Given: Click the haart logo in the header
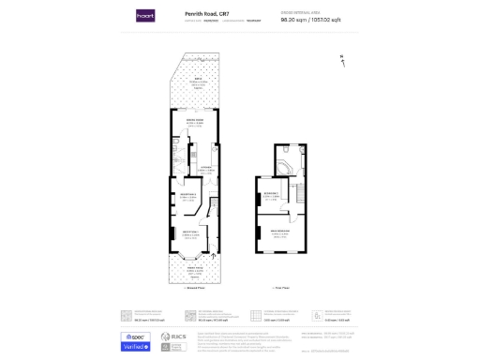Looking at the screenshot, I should pos(144,16).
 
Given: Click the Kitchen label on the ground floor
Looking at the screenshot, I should pos(206,169).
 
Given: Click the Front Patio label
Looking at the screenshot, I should pos(194,270).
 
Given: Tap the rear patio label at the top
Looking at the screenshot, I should pos(200,82).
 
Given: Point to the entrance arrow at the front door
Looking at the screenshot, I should pos(214,255).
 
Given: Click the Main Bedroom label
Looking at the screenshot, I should pos(280,234).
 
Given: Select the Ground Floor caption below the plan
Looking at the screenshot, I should pos(194,289).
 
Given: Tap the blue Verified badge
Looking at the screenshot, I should pos(135,346).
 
